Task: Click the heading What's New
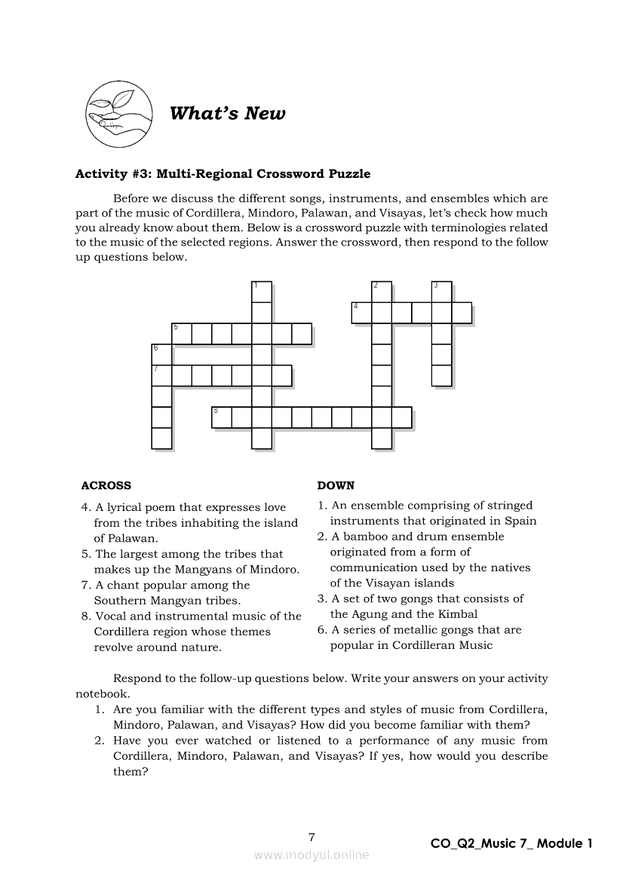click(227, 114)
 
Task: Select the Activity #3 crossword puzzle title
click(222, 174)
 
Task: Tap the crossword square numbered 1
click(261, 292)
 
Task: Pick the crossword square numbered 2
click(382, 292)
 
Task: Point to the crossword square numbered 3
click(441, 292)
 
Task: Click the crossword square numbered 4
click(361, 312)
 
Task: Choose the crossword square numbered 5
click(181, 333)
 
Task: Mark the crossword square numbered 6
click(161, 353)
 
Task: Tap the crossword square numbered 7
click(161, 375)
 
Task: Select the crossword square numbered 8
click(221, 418)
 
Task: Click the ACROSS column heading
click(106, 485)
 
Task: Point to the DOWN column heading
click(336, 485)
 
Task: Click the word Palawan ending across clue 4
click(134, 538)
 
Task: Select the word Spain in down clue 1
click(520, 521)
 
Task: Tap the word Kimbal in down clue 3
click(457, 614)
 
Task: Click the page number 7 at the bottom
click(311, 837)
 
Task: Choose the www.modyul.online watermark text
click(311, 855)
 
